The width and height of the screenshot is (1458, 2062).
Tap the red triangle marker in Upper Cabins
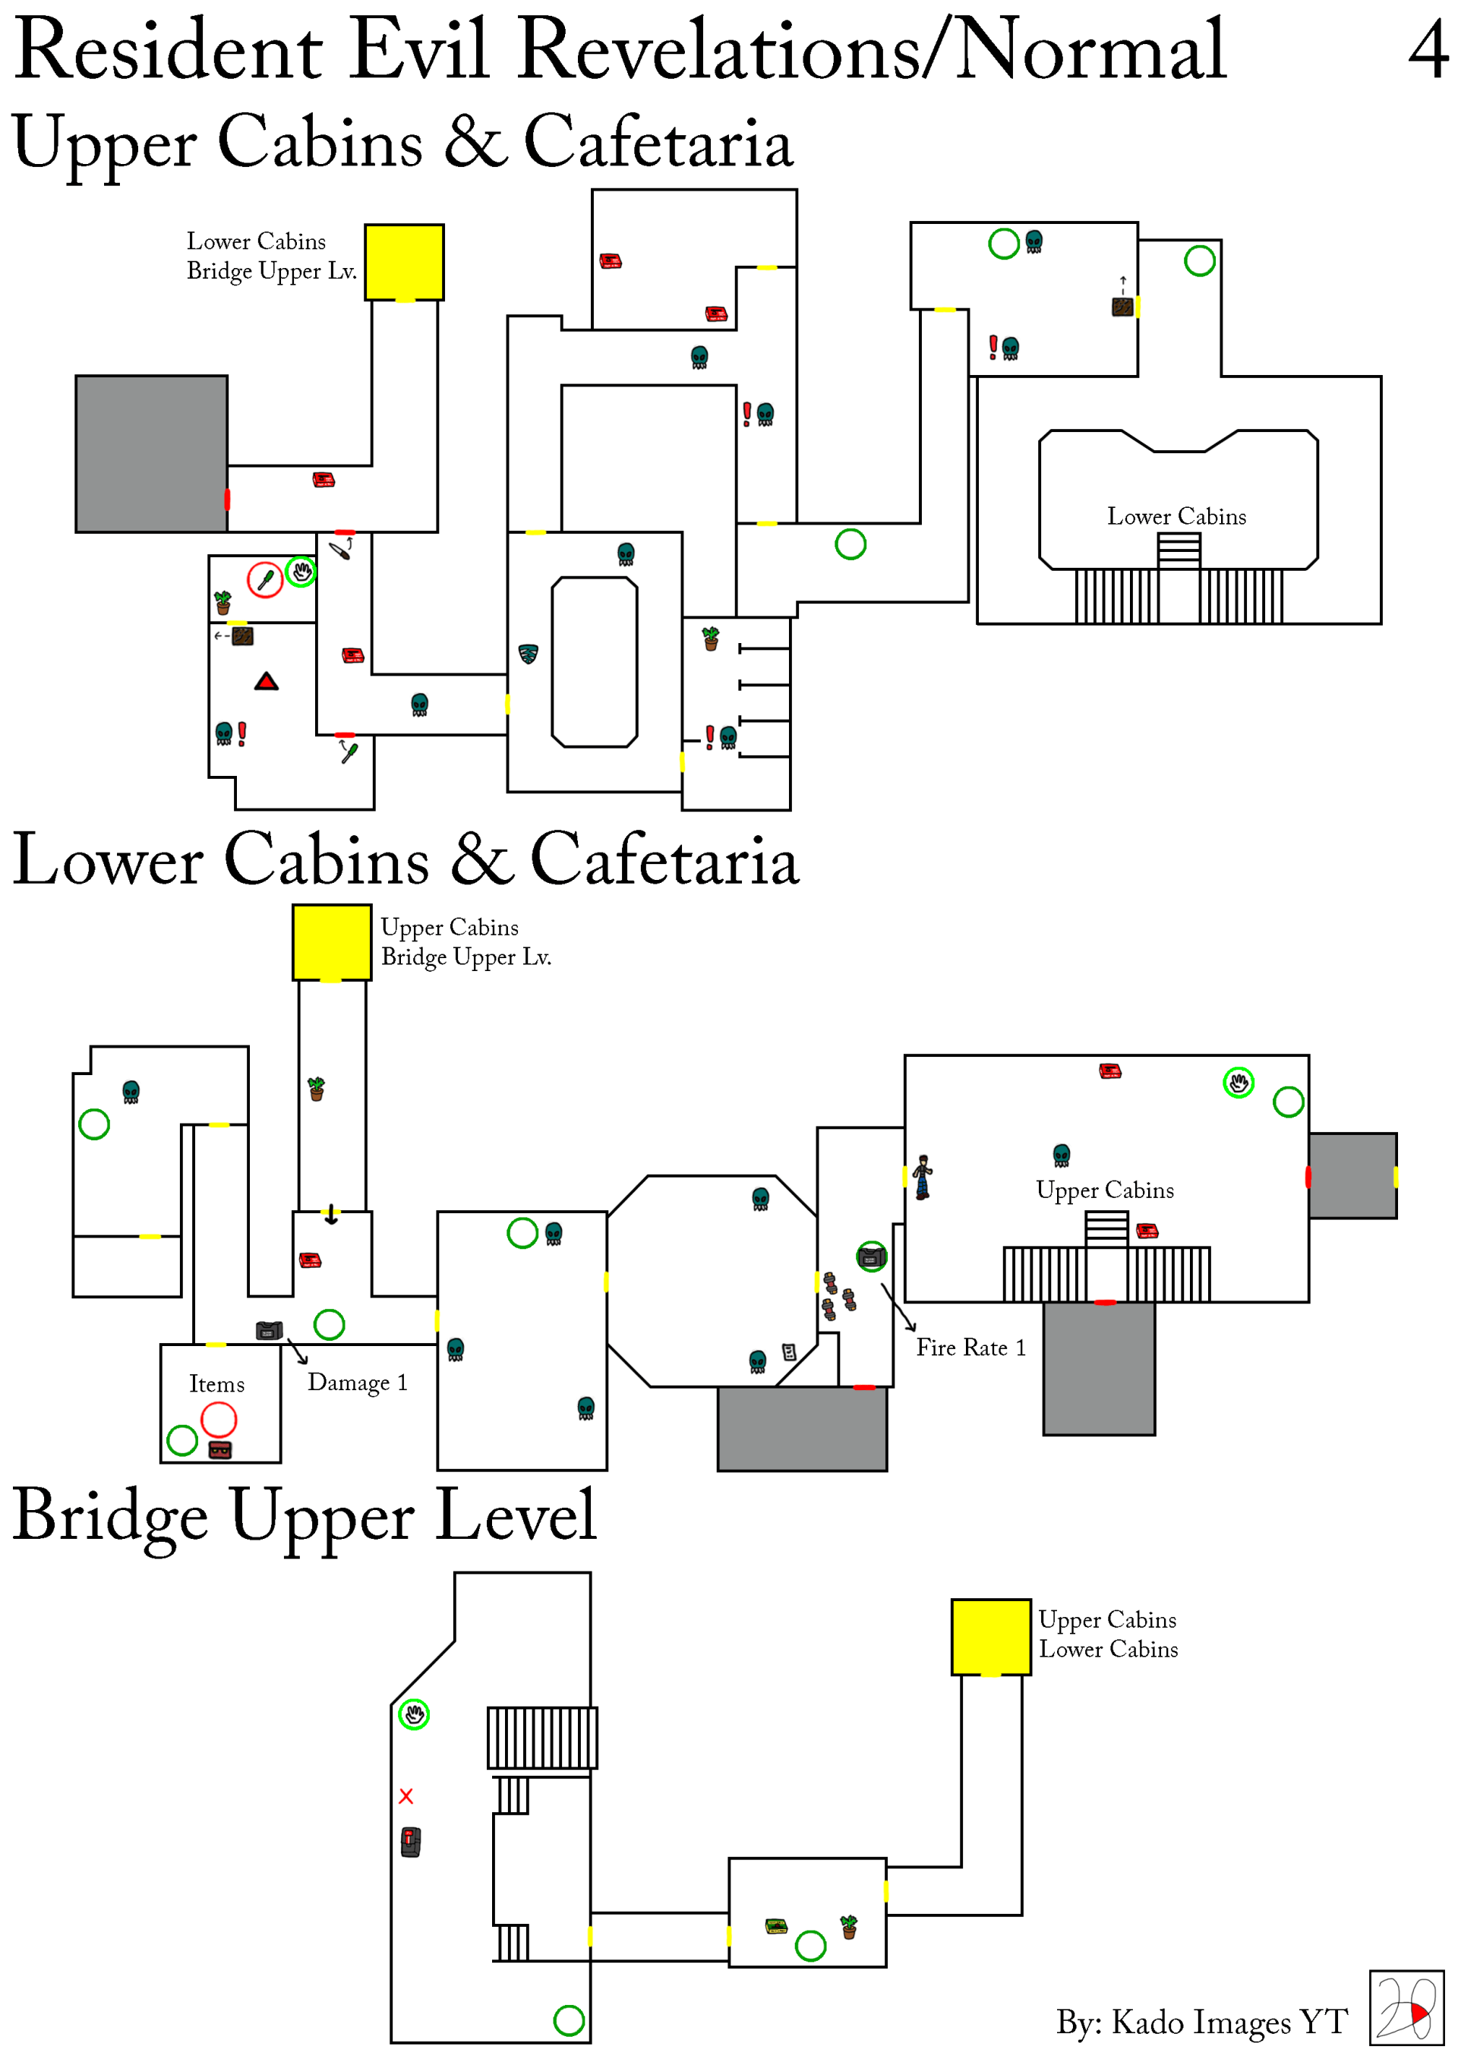click(266, 682)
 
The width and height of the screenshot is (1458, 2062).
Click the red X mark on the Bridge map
click(406, 1796)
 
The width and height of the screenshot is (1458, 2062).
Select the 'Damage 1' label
click(358, 1383)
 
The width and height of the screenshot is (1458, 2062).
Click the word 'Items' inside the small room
click(216, 1384)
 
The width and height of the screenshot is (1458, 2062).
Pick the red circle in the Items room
click(218, 1420)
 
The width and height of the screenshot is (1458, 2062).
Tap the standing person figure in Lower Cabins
click(923, 1178)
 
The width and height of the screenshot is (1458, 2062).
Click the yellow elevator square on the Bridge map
click(990, 1636)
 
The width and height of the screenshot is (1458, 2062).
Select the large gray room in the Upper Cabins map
click(151, 453)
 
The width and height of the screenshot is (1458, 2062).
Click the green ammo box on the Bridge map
click(776, 1925)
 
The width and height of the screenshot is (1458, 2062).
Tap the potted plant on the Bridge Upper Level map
click(848, 1926)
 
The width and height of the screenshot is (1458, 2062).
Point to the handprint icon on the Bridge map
click(414, 1714)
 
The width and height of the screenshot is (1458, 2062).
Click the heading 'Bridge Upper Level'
click(305, 1516)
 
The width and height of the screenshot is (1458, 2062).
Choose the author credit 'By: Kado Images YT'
click(1201, 2022)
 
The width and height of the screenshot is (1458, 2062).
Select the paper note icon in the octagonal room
click(789, 1351)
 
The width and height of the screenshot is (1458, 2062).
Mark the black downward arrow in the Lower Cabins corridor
click(332, 1214)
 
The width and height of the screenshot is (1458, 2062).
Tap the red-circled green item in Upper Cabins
click(265, 579)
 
